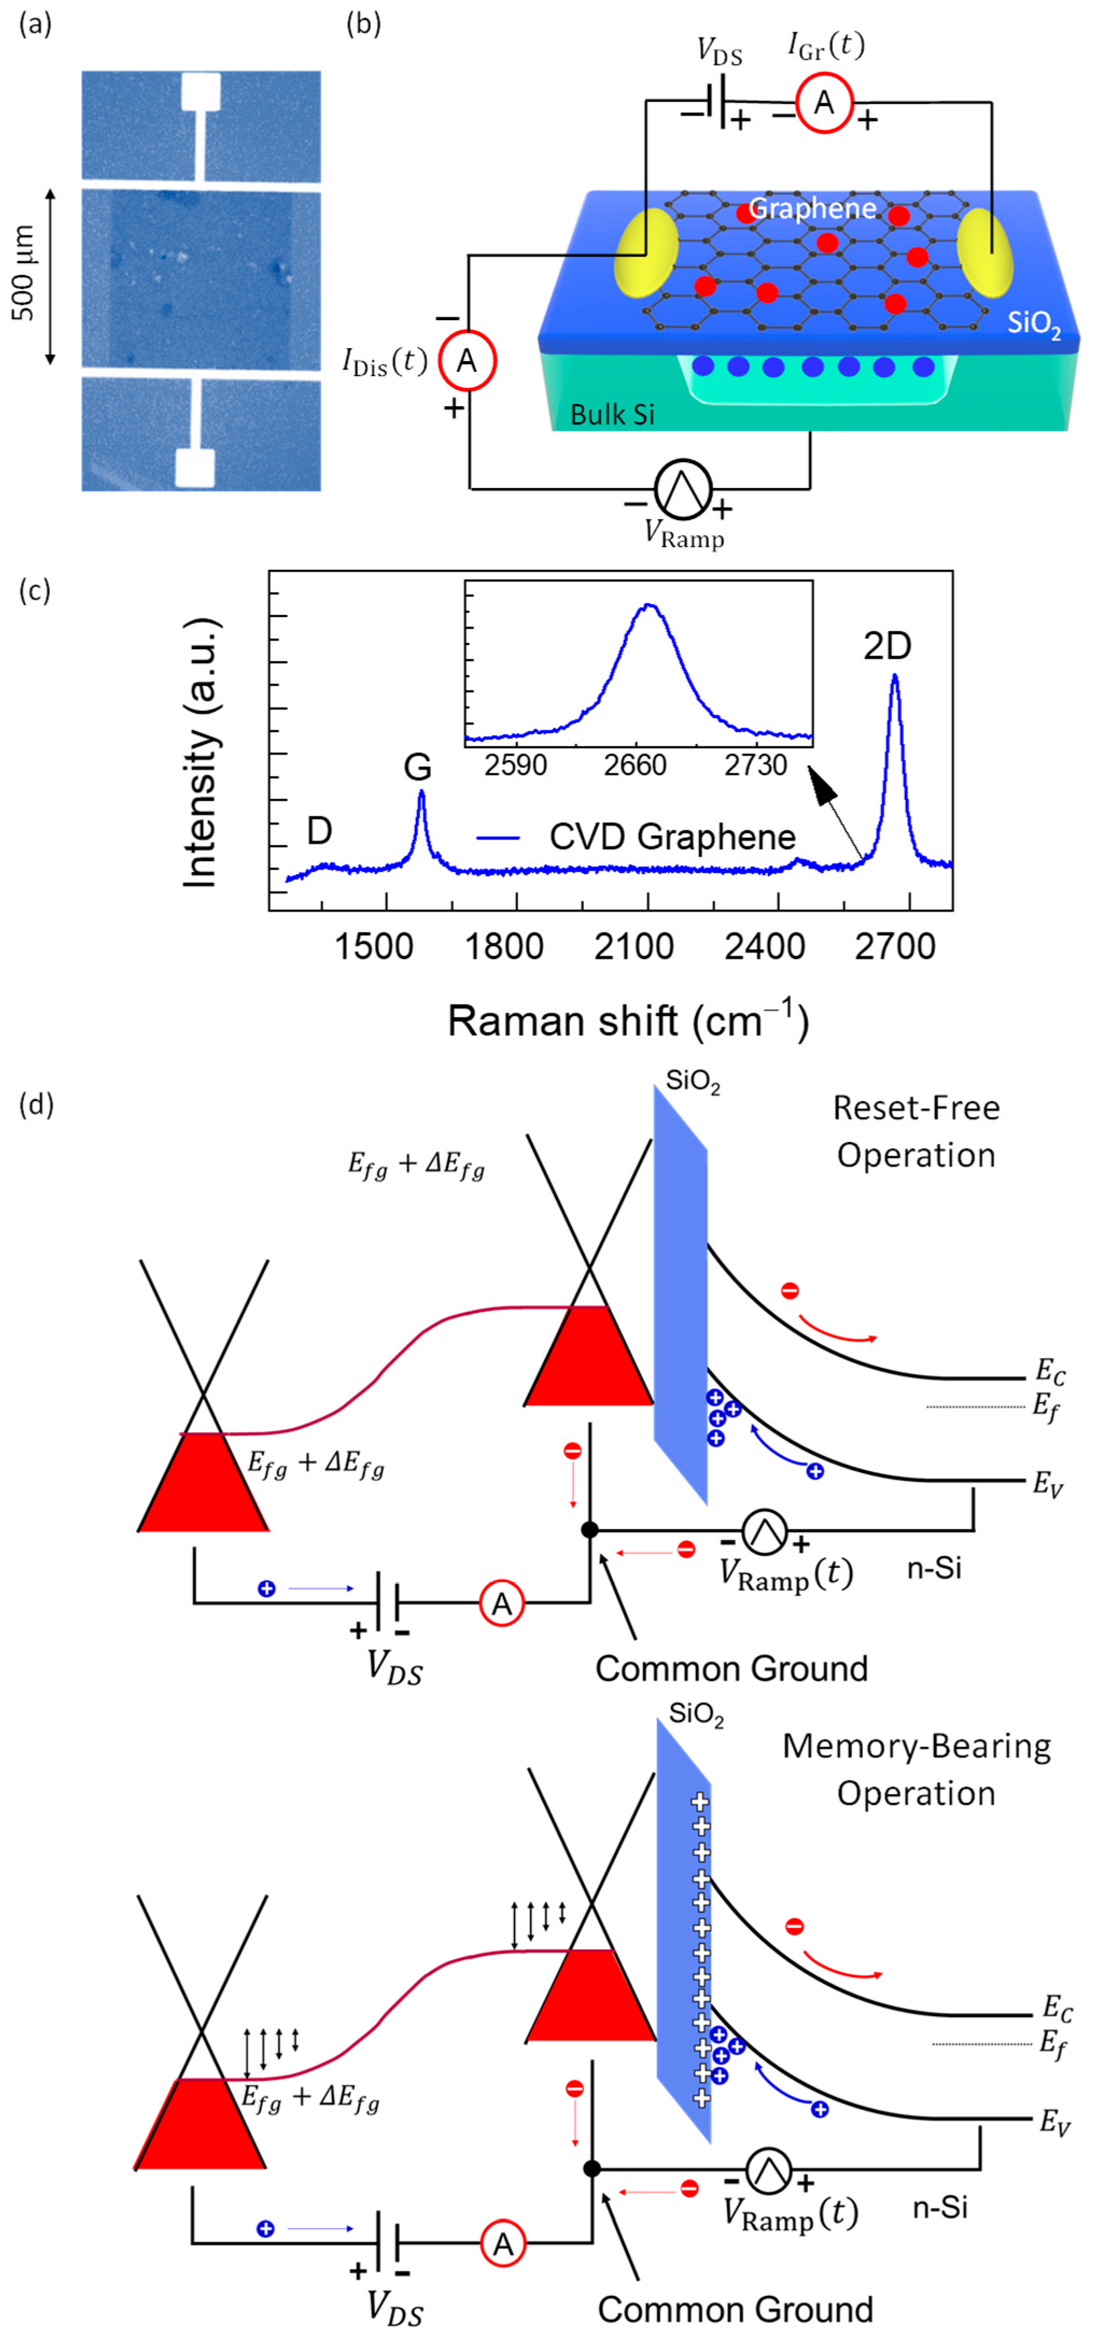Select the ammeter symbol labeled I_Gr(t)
pyautogui.click(x=823, y=103)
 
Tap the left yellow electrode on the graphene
pyautogui.click(x=646, y=252)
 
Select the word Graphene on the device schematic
pyautogui.click(x=813, y=209)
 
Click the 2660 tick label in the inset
pyautogui.click(x=635, y=766)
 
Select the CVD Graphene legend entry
pyautogui.click(x=673, y=837)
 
